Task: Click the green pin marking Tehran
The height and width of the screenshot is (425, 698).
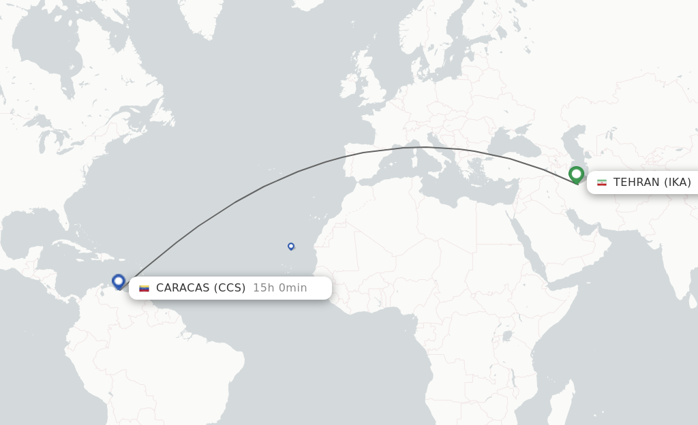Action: pyautogui.click(x=576, y=175)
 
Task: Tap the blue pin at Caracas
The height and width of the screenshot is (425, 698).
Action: pyautogui.click(x=119, y=281)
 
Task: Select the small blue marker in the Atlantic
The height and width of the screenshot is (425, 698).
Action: pyautogui.click(x=291, y=246)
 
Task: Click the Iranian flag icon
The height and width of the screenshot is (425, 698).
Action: pyautogui.click(x=602, y=183)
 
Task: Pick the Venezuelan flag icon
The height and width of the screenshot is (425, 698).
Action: pyautogui.click(x=144, y=288)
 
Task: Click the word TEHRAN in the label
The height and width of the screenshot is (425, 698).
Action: pyautogui.click(x=636, y=182)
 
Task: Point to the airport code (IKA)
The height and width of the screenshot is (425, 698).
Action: pyautogui.click(x=678, y=182)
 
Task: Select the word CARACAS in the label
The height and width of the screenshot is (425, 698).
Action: pyautogui.click(x=183, y=288)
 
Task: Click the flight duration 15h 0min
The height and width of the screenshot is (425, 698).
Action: pyautogui.click(x=279, y=288)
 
